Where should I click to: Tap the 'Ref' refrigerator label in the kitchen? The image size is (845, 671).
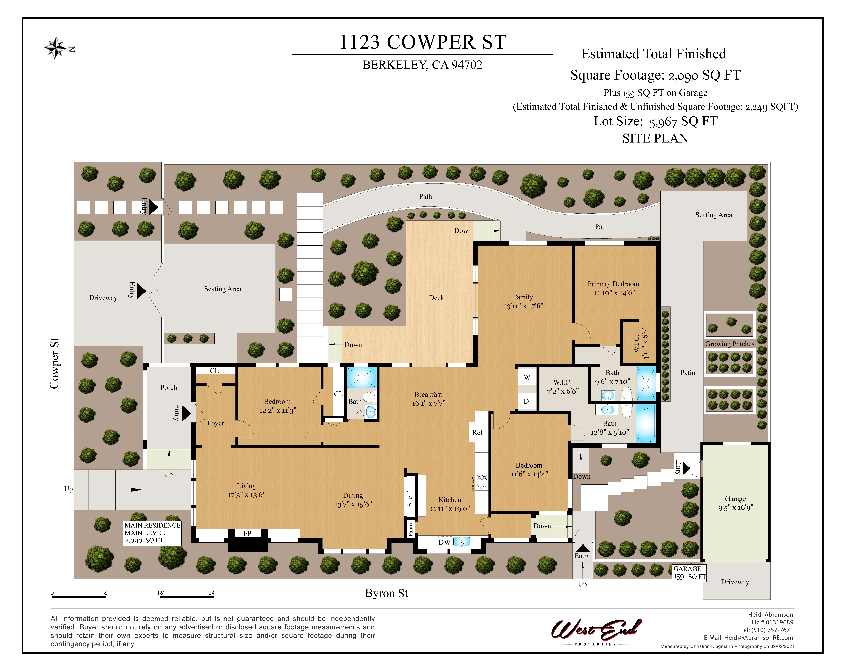coord(477,432)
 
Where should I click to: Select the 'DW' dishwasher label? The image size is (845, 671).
coord(444,542)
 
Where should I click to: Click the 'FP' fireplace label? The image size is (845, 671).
coord(247,533)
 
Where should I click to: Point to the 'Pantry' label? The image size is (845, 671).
coord(410,529)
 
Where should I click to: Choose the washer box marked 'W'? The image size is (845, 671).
coord(527,377)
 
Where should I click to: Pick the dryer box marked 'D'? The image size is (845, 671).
coord(526,401)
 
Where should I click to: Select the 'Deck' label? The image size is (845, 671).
coord(436,298)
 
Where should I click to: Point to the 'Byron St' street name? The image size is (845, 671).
coord(386,593)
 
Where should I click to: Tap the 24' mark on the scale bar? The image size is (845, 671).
coord(212,593)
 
